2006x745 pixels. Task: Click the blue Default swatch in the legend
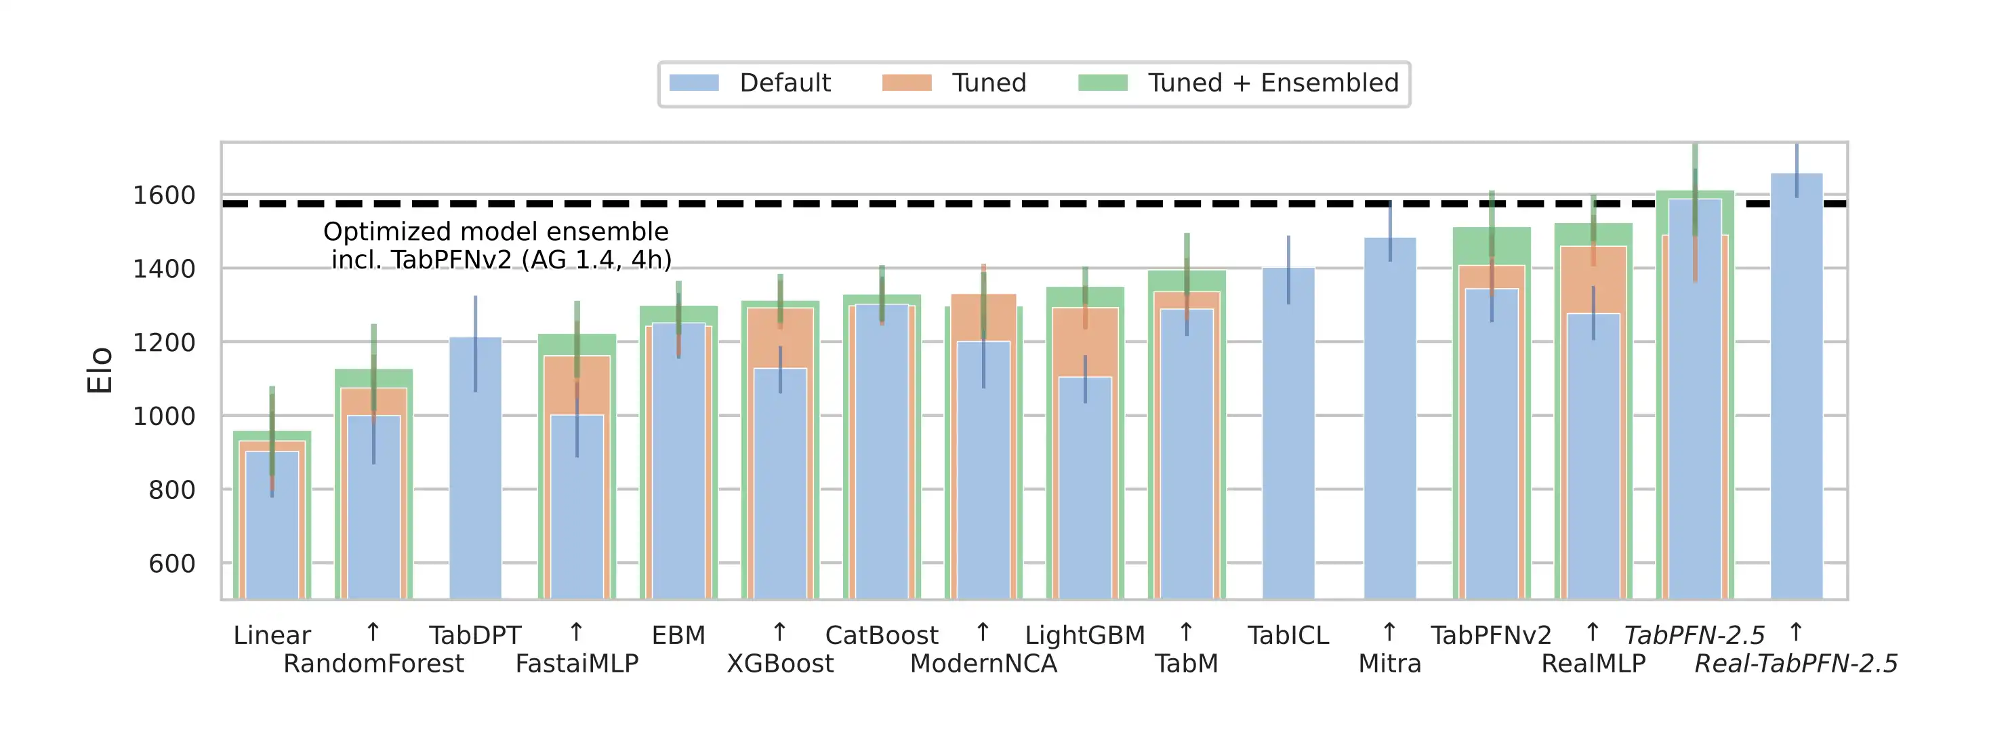[x=693, y=83]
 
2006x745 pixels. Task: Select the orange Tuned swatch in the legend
[x=907, y=83]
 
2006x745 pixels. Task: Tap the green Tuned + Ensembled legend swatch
[x=1103, y=83]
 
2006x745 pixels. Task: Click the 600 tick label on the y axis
[x=171, y=563]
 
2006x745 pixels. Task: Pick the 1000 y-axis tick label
[x=164, y=416]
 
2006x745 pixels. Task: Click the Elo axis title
[x=100, y=370]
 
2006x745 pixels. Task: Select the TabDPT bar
[x=475, y=468]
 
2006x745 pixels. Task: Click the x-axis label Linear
[x=272, y=635]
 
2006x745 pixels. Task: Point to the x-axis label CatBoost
[x=882, y=635]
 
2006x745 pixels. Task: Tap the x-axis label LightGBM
[x=1085, y=635]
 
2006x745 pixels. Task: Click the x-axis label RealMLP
[x=1593, y=663]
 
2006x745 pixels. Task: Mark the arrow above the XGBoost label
[x=779, y=631]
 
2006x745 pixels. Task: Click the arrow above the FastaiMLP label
[x=576, y=631]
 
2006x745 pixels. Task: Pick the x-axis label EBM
[x=678, y=635]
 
